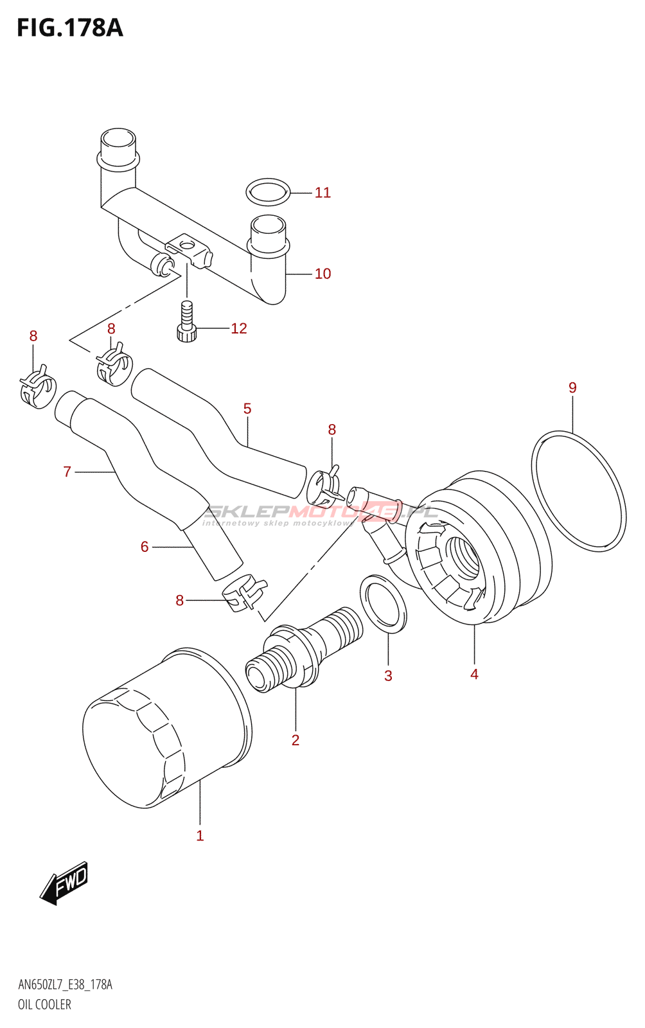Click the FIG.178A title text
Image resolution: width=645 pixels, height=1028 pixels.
pyautogui.click(x=69, y=28)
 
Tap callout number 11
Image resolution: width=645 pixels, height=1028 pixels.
pyautogui.click(x=322, y=193)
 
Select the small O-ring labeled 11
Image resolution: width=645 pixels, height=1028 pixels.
pyautogui.click(x=267, y=191)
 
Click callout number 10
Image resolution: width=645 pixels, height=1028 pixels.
pyautogui.click(x=322, y=274)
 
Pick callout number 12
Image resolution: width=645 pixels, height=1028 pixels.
pyautogui.click(x=239, y=328)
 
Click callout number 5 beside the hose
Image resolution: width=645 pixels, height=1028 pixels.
pyautogui.click(x=247, y=409)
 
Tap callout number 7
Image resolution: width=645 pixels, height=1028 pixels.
pyautogui.click(x=67, y=472)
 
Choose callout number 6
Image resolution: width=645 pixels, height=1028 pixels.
pyautogui.click(x=145, y=547)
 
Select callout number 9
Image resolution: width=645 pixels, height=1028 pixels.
pyautogui.click(x=572, y=388)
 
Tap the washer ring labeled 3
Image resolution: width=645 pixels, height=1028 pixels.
pyautogui.click(x=383, y=603)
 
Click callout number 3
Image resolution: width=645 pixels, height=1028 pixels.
pyautogui.click(x=388, y=676)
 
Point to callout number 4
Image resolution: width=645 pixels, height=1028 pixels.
pyautogui.click(x=474, y=674)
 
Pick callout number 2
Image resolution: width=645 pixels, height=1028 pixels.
pyautogui.click(x=296, y=740)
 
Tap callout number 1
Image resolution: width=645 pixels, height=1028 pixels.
pyautogui.click(x=200, y=836)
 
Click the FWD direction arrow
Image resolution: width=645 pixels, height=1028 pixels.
pyautogui.click(x=64, y=883)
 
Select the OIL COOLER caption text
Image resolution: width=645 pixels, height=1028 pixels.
pyautogui.click(x=44, y=1005)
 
